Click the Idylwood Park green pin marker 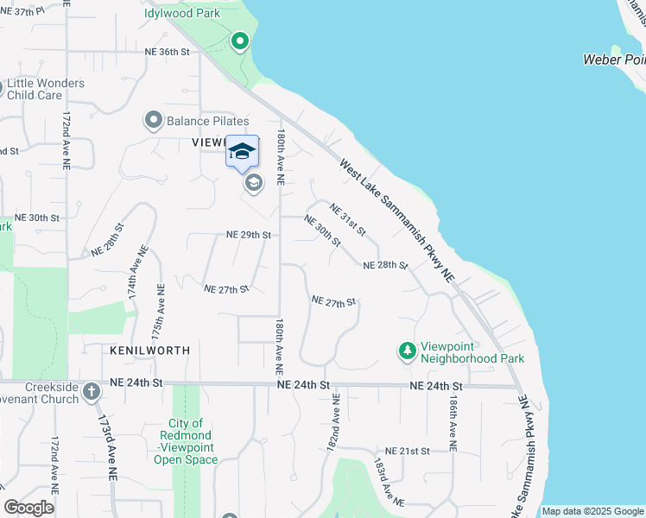[x=239, y=41]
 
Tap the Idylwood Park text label [x=183, y=14]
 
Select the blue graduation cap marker [x=243, y=151]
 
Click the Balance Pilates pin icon [x=154, y=121]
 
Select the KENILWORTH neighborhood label [x=149, y=351]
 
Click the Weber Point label [x=614, y=59]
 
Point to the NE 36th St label [x=164, y=52]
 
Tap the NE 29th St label [x=249, y=235]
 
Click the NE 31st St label [x=348, y=219]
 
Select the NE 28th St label [x=385, y=265]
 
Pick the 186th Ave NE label [x=452, y=423]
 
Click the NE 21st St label [x=408, y=452]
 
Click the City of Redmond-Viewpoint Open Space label [x=186, y=441]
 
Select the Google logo [x=29, y=508]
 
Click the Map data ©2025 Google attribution [x=592, y=511]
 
